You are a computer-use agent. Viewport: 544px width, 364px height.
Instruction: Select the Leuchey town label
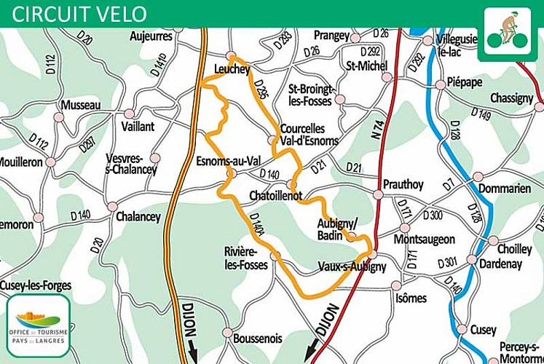point(232,69)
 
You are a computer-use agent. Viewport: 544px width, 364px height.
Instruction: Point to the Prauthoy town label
point(403,184)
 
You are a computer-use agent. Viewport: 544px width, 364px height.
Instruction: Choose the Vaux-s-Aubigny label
point(352,266)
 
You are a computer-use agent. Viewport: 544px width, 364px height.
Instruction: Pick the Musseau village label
point(81,106)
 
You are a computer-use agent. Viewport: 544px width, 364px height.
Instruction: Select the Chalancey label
point(138,216)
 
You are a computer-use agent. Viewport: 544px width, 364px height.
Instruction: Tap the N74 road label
point(377,130)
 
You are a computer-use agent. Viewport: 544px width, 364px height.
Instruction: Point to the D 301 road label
point(446,261)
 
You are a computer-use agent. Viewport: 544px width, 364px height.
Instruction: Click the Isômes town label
point(410,298)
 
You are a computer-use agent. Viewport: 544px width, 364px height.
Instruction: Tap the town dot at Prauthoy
point(378,194)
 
